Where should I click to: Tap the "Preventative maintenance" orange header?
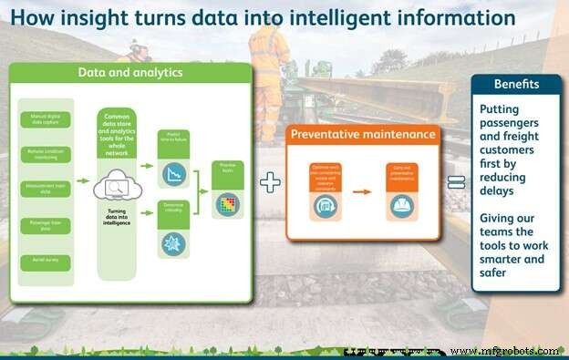(362, 135)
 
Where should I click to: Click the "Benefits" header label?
(516, 84)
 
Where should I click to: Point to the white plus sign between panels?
(270, 182)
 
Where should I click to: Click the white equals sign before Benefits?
(456, 182)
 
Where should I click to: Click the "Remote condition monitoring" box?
(45, 154)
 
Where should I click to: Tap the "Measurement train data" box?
(45, 190)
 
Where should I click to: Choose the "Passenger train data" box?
(45, 225)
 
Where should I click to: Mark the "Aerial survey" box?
(45, 261)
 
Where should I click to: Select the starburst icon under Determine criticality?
(173, 243)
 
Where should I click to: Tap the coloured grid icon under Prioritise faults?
(226, 205)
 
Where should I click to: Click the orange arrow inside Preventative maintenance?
(362, 192)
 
